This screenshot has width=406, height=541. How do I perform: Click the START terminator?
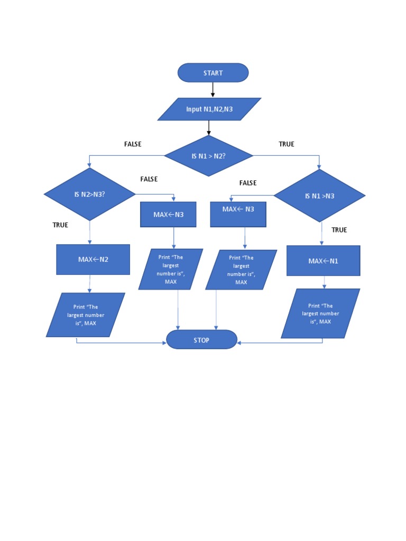pyautogui.click(x=213, y=73)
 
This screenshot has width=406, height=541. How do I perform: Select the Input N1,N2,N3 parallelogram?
pyautogui.click(x=209, y=109)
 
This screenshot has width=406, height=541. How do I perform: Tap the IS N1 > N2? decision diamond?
pyautogui.click(x=209, y=156)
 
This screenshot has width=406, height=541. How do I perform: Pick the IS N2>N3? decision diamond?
pyautogui.click(x=89, y=194)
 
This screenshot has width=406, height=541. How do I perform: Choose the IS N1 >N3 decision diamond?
pyautogui.click(x=319, y=196)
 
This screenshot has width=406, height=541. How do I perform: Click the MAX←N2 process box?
pyautogui.click(x=93, y=259)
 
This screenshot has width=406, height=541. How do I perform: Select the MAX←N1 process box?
pyautogui.click(x=323, y=260)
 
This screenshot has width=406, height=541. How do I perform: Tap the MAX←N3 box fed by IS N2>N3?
pyautogui.click(x=168, y=214)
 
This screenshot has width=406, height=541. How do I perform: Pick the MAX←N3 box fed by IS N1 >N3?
pyautogui.click(x=238, y=214)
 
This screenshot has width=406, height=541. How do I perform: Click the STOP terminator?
pyautogui.click(x=201, y=340)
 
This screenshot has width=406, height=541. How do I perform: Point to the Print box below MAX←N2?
pyautogui.click(x=86, y=315)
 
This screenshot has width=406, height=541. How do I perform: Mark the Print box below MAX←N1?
pyautogui.click(x=320, y=313)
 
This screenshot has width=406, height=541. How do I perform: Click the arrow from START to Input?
pyautogui.click(x=213, y=89)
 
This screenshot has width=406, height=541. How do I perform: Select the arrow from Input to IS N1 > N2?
pyautogui.click(x=209, y=127)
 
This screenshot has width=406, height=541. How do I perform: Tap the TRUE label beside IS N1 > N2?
pyautogui.click(x=287, y=144)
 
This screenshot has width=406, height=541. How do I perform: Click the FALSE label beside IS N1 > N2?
pyautogui.click(x=133, y=144)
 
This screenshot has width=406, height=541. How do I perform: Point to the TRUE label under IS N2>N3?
pyautogui.click(x=60, y=225)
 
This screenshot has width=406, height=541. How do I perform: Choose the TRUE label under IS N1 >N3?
pyautogui.click(x=339, y=230)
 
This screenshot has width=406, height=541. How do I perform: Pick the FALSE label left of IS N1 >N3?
pyautogui.click(x=248, y=183)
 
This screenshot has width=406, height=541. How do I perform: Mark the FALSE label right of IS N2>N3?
pyautogui.click(x=149, y=179)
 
